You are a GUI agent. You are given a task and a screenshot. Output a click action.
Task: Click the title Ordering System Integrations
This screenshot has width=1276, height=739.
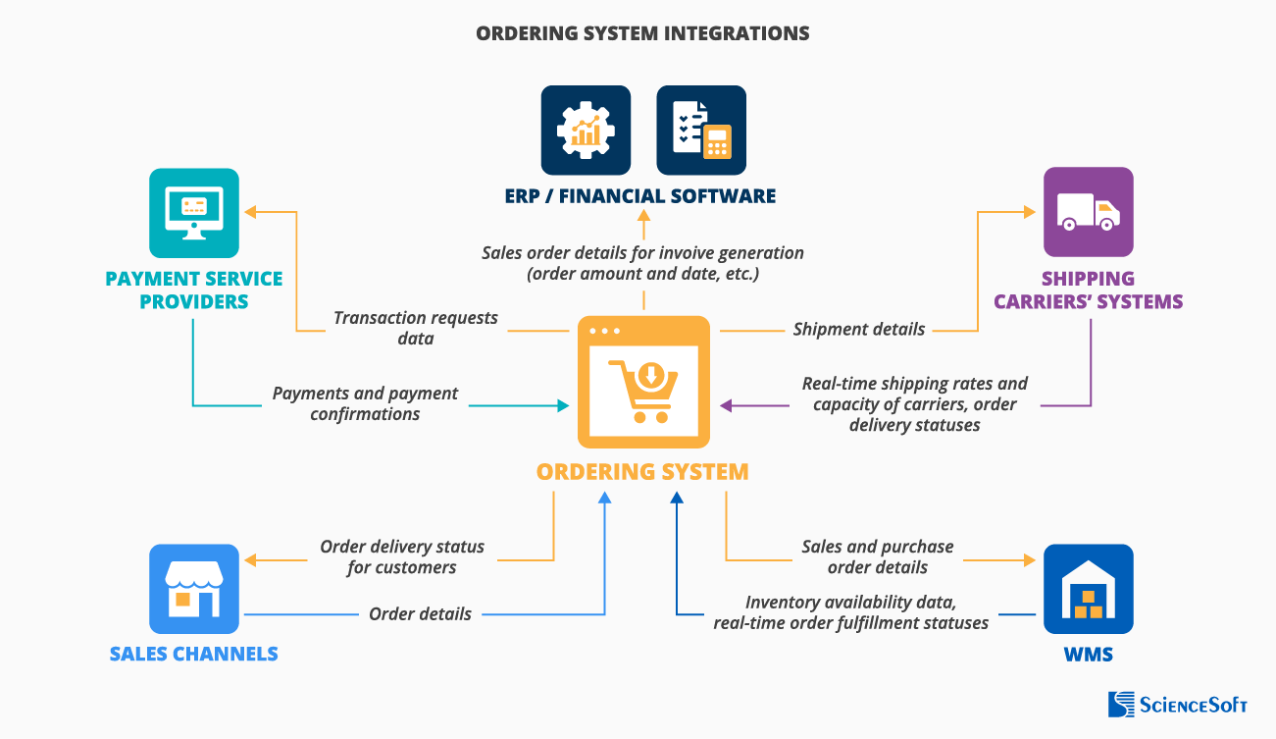point(642,33)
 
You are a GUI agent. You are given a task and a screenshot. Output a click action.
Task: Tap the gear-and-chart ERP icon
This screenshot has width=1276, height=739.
point(587,131)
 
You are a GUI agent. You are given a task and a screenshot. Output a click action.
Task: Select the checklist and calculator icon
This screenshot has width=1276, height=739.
point(701,131)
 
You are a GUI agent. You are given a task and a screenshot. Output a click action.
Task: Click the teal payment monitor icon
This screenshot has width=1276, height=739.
point(194,213)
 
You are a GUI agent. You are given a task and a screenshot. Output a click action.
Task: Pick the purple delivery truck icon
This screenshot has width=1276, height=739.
point(1088,212)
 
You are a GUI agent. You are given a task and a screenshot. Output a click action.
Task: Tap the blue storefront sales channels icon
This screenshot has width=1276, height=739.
point(194,589)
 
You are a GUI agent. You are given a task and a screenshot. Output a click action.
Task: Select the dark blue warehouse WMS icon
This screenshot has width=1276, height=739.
point(1088,589)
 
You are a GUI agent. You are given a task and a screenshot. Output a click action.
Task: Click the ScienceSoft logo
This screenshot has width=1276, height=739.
point(1177,704)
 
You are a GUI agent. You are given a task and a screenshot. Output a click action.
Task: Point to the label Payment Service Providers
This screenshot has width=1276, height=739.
point(194,290)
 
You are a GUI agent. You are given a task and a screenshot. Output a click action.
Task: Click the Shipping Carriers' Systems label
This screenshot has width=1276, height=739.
point(1088,290)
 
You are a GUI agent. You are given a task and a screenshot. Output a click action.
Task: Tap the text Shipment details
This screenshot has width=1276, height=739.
point(858,330)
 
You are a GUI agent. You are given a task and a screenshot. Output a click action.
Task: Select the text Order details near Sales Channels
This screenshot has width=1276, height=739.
point(420,614)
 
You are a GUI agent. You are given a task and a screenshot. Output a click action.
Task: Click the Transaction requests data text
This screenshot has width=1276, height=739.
point(416,328)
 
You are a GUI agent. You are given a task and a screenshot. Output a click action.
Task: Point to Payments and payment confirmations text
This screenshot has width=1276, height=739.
point(365,403)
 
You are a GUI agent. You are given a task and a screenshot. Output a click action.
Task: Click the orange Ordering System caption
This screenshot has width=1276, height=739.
point(642,471)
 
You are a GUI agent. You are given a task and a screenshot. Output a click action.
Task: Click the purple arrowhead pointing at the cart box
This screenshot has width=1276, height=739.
point(727,405)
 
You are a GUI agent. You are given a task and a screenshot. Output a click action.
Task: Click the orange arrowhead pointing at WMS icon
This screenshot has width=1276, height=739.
point(1029,560)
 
